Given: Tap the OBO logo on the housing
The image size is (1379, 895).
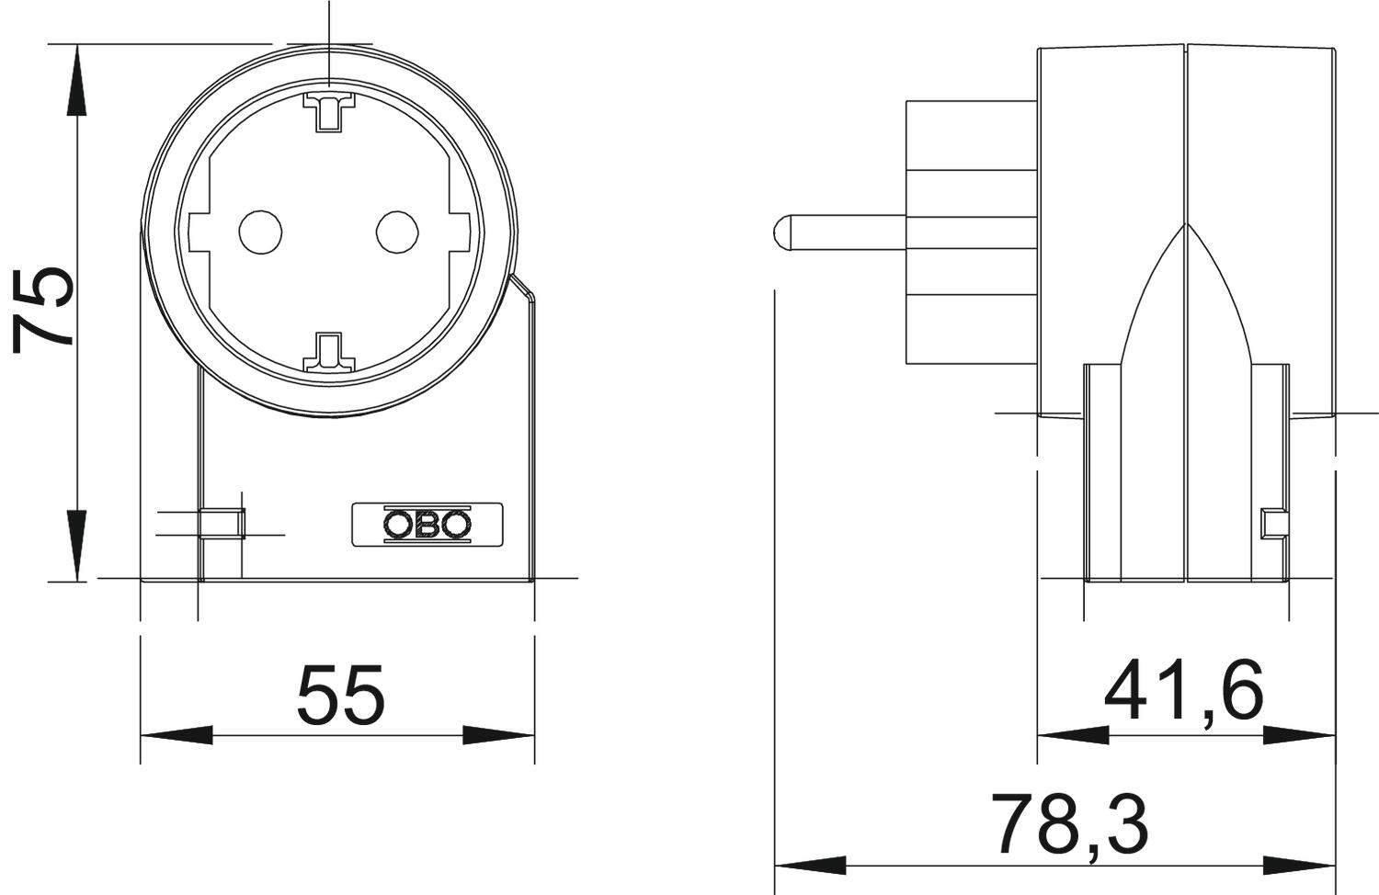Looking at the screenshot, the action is tap(427, 525).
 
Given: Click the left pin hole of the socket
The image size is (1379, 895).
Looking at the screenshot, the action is tap(260, 232).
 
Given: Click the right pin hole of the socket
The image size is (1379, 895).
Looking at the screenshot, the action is tap(398, 232).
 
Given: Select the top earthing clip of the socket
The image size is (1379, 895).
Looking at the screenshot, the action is tap(329, 111).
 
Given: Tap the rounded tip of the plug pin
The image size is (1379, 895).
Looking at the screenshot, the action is tap(780, 232).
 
